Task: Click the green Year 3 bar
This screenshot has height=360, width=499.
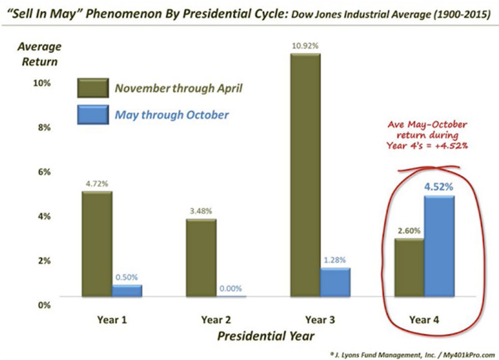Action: click(x=305, y=175)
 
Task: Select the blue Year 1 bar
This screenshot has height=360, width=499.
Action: click(x=127, y=291)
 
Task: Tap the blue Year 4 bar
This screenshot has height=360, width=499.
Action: click(x=439, y=246)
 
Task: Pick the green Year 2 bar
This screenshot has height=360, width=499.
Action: click(x=201, y=258)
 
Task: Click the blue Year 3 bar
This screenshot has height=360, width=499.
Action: click(x=335, y=282)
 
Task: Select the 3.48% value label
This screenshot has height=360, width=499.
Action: click(x=201, y=211)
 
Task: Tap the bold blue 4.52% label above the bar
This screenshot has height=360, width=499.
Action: click(x=439, y=187)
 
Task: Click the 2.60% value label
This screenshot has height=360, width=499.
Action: click(x=409, y=230)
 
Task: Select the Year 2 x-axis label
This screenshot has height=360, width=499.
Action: click(x=216, y=320)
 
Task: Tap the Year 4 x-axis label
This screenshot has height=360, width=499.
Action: click(x=424, y=320)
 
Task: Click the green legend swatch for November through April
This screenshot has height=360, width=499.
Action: click(x=93, y=88)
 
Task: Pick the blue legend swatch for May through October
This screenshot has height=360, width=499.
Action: click(x=93, y=115)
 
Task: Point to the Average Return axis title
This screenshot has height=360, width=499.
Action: click(x=40, y=54)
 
